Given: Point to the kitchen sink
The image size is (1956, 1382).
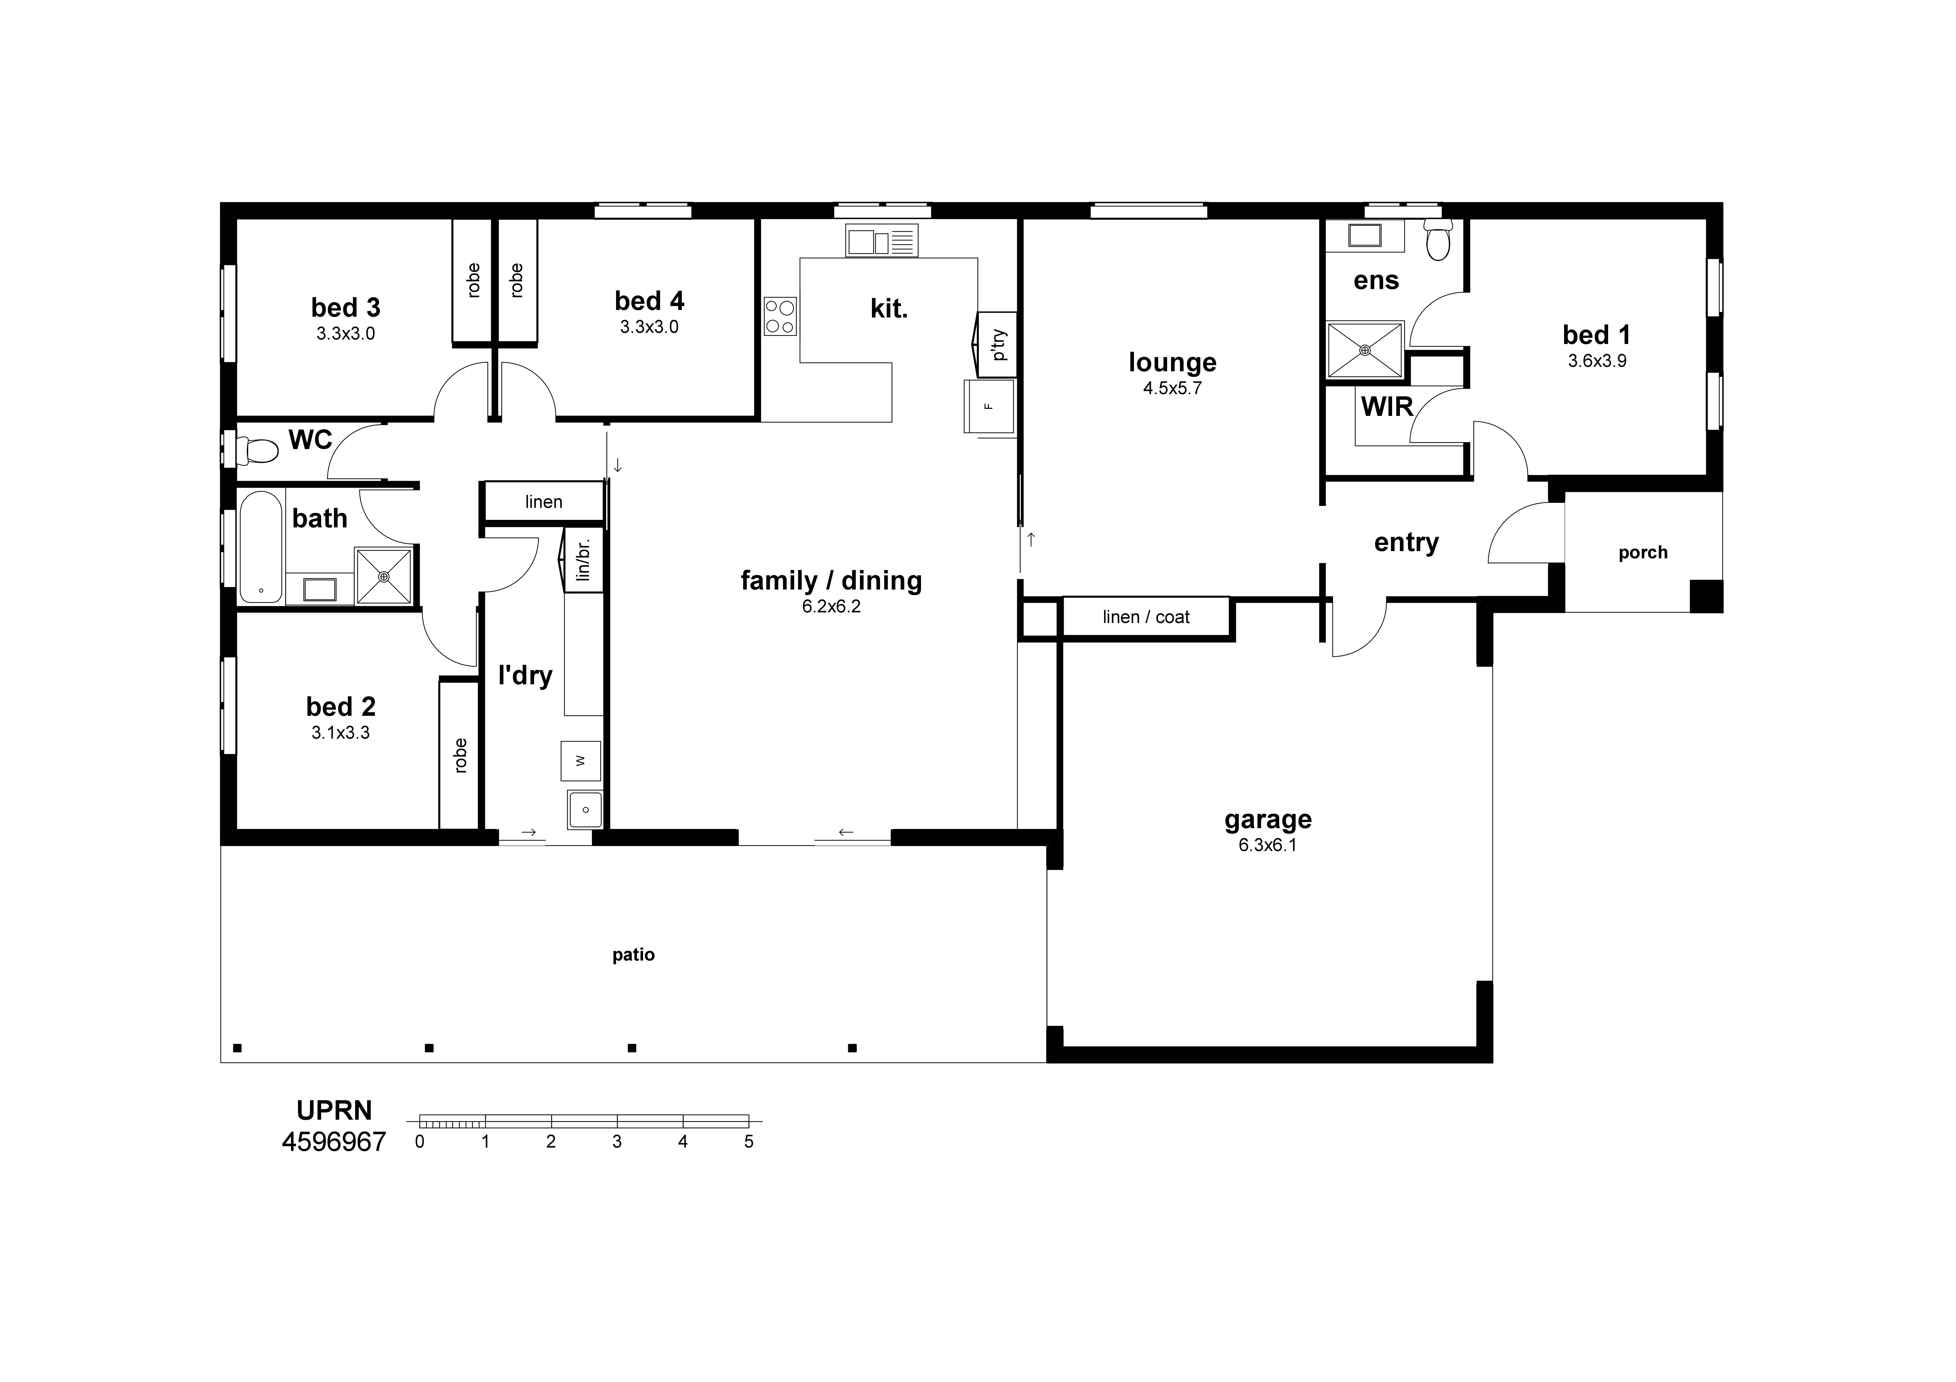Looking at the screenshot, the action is click(x=881, y=240).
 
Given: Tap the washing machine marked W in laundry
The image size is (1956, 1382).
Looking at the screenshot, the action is click(x=580, y=761).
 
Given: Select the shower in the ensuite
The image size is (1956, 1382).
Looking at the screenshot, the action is click(x=1365, y=349).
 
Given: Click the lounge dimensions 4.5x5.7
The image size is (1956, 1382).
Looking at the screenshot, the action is click(x=1172, y=389).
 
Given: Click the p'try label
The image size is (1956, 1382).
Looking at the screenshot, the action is click(x=999, y=345).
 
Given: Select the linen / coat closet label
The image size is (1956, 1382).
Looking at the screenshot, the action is click(x=1146, y=617).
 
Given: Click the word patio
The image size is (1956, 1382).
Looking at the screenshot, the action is click(x=633, y=955).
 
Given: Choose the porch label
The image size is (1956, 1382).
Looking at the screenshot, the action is click(x=1642, y=553).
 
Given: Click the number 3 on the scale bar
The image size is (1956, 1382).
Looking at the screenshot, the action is click(x=617, y=1142).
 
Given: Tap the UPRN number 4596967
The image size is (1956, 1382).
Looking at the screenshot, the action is click(x=334, y=1142).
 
